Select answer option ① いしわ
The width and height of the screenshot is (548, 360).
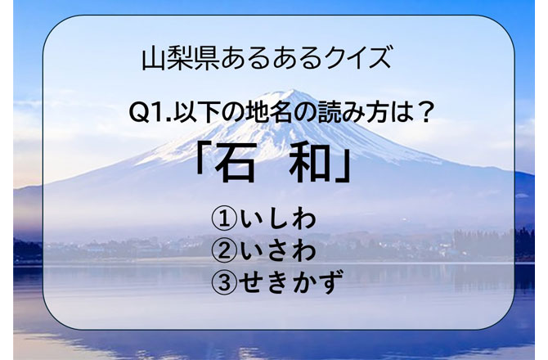click(264, 220)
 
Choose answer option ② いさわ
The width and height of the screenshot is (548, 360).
click(264, 251)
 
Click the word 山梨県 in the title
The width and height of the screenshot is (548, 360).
click(181, 59)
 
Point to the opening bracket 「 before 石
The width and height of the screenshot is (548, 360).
click(202, 162)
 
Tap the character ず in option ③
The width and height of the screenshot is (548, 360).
click(329, 281)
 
